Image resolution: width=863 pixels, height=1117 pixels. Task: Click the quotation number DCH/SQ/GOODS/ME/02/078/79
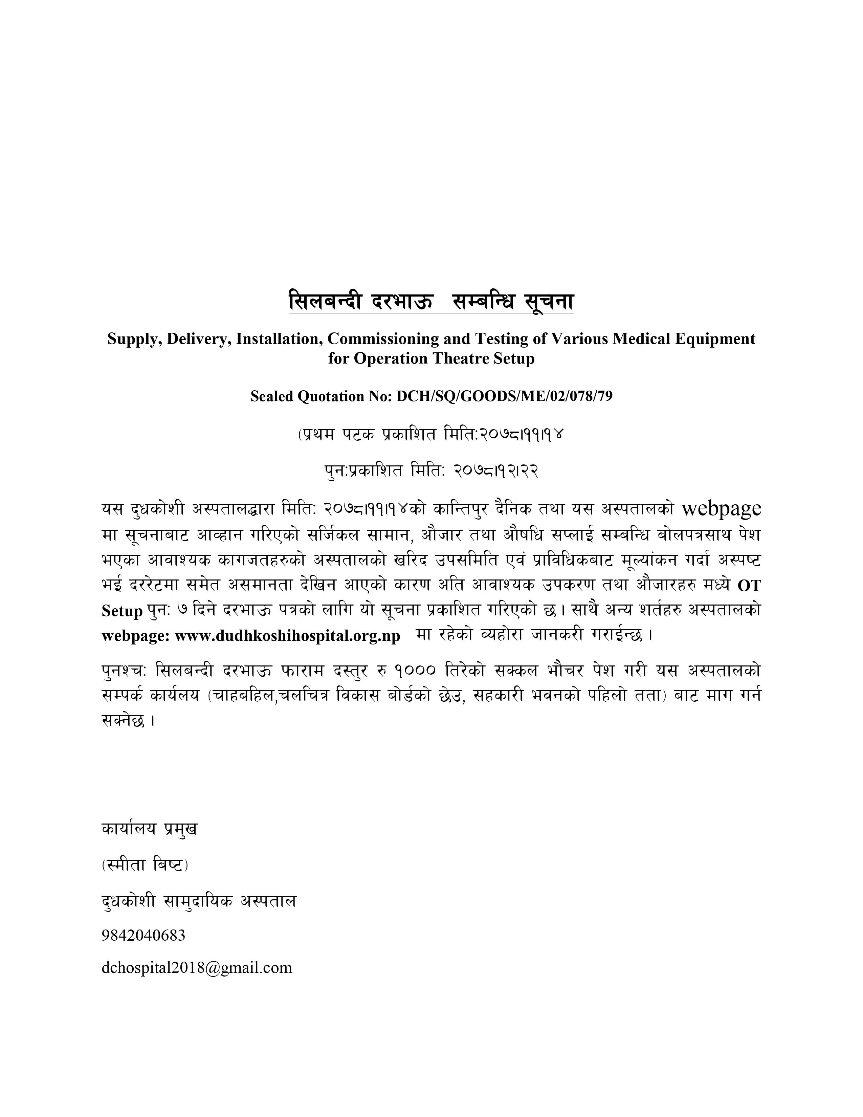pos(504,396)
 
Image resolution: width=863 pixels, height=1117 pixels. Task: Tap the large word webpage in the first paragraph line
pos(722,508)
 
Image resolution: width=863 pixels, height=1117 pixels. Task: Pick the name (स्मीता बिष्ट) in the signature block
pos(145,865)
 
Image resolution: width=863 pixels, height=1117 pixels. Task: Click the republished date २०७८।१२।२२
pos(495,469)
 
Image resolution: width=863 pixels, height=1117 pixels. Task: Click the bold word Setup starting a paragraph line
pos(122,611)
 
